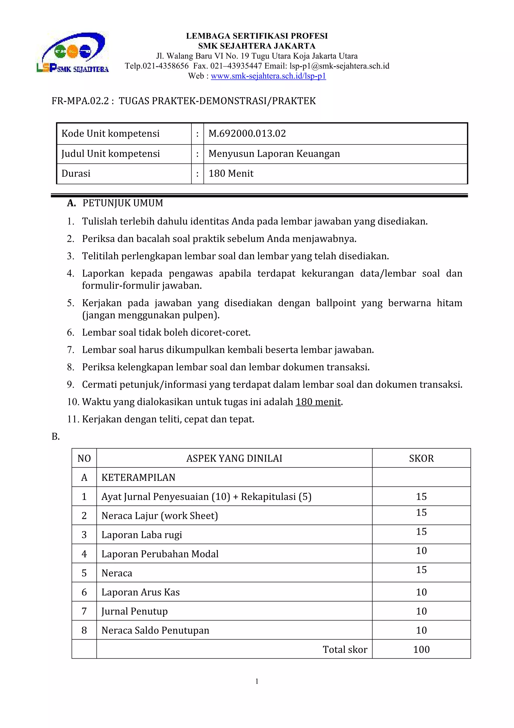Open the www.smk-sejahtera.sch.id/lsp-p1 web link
click(268, 76)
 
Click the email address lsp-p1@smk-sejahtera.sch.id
click(339, 66)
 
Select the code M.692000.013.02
click(247, 133)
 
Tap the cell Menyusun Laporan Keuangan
click(274, 154)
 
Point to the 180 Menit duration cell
click(231, 173)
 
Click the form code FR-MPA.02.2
click(80, 101)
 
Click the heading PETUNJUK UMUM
click(122, 203)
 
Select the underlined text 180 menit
click(318, 402)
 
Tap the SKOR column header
click(421, 459)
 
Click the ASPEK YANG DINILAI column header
click(234, 459)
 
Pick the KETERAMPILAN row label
click(138, 477)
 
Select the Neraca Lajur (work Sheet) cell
click(160, 516)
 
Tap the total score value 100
click(421, 650)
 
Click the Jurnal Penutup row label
click(135, 611)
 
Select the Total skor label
click(345, 650)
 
